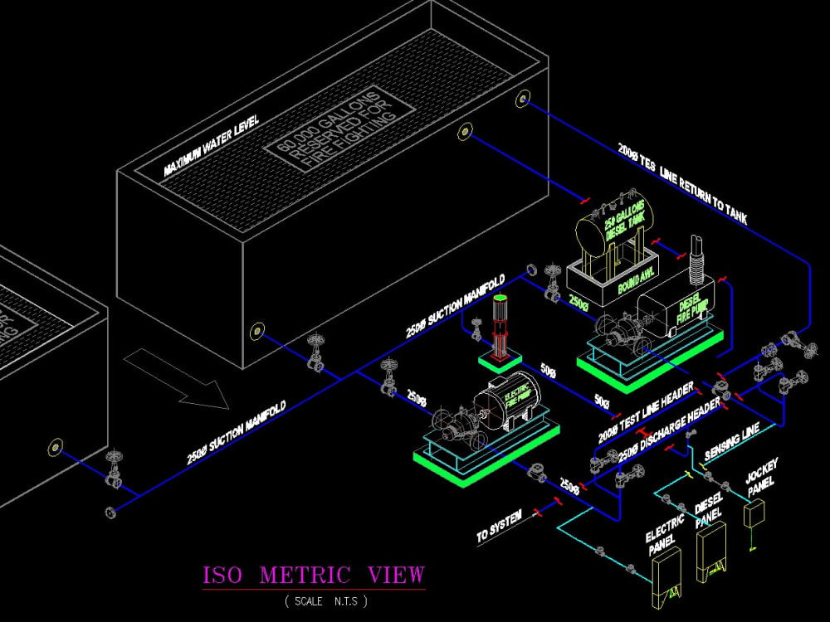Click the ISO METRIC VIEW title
(314, 575)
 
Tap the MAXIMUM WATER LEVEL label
(212, 145)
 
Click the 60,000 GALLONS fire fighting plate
(339, 129)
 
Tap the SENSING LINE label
(731, 445)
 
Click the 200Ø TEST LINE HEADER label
(644, 411)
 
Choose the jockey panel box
(755, 515)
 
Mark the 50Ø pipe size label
(548, 368)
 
